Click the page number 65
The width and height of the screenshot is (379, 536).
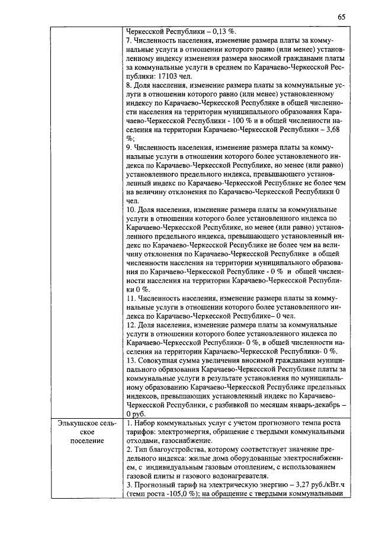click(x=342, y=17)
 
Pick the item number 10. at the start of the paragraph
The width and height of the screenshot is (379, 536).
click(x=132, y=210)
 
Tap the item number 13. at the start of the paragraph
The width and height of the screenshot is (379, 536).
click(x=132, y=360)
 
